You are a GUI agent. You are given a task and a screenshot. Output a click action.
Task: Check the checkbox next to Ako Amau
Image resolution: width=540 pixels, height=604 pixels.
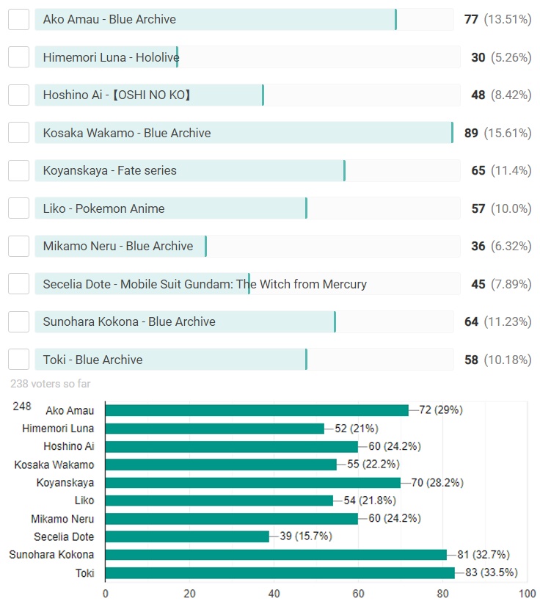click(18, 20)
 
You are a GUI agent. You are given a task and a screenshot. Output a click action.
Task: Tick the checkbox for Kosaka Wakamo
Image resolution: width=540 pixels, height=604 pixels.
click(18, 133)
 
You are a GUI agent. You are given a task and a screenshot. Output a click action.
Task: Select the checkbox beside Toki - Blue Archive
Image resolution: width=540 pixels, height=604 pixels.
click(18, 360)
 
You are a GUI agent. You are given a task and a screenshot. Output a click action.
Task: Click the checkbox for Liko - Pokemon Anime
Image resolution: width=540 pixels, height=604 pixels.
click(18, 208)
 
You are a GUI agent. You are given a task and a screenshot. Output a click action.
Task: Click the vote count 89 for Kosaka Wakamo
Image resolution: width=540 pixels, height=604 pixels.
click(471, 133)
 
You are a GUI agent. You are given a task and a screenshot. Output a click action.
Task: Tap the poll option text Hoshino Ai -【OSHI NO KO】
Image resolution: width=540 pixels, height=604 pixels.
click(117, 95)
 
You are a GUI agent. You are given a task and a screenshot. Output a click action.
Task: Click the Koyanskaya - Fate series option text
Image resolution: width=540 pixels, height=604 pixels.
click(110, 171)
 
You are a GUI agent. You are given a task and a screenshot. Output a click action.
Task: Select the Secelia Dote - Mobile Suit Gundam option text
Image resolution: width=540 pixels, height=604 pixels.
click(205, 284)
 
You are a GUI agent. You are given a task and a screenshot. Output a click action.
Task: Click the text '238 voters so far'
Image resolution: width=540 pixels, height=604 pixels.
click(51, 383)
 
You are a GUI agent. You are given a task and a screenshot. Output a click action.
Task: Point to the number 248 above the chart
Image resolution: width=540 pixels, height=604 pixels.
click(22, 406)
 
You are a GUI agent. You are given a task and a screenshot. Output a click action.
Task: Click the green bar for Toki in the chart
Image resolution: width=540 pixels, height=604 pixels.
click(280, 572)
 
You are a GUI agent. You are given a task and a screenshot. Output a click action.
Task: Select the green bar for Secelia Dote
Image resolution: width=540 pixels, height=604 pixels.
click(187, 536)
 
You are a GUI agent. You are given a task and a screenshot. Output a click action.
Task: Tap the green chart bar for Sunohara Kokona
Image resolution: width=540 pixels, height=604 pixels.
click(276, 555)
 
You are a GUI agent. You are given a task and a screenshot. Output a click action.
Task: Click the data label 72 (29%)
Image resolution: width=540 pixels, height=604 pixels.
click(441, 410)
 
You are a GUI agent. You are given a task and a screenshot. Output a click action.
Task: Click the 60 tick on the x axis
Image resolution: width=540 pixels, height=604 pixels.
click(359, 593)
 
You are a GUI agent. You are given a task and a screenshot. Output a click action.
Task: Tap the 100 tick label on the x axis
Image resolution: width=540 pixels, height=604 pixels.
click(527, 593)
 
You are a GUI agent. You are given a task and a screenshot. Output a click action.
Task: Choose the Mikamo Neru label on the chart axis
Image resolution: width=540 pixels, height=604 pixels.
click(62, 519)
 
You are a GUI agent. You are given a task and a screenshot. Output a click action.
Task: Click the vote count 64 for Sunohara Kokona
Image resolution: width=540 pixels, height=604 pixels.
click(471, 321)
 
